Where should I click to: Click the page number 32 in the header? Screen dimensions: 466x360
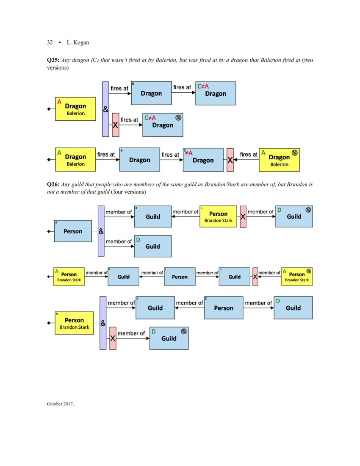[x=50, y=42]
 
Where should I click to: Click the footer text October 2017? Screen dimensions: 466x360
[x=60, y=404]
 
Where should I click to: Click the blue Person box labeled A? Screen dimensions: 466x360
[x=73, y=231]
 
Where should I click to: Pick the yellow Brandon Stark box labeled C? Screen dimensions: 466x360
[x=218, y=216]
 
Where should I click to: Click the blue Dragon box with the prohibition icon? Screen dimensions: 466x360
[x=163, y=125]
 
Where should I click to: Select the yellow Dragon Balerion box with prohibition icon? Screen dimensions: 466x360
[x=279, y=160]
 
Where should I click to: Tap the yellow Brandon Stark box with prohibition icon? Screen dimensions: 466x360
[x=296, y=276]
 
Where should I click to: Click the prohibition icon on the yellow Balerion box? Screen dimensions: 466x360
[x=294, y=153]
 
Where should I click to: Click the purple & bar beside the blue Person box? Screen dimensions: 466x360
[x=101, y=231]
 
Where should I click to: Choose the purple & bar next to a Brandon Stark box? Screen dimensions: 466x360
[x=103, y=323]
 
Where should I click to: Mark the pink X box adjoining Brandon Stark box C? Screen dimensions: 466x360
[x=243, y=216]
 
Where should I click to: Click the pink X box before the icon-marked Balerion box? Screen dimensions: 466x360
[x=230, y=160]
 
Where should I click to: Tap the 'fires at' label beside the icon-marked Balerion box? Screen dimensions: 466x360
[x=248, y=155]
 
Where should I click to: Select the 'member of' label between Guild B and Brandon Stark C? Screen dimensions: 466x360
[x=186, y=211]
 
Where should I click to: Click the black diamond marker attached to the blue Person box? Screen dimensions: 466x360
[x=49, y=231]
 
